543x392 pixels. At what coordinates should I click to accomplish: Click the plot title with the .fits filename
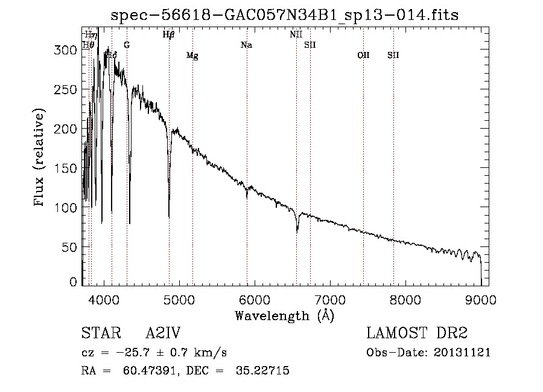(289, 15)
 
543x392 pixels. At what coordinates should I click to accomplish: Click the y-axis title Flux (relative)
(40, 158)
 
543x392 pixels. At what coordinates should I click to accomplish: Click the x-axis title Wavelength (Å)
(284, 315)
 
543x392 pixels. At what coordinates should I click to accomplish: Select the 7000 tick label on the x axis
(330, 298)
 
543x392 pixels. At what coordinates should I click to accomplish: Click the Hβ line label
(169, 35)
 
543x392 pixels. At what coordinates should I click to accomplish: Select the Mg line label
(192, 56)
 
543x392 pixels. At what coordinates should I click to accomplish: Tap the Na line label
(246, 45)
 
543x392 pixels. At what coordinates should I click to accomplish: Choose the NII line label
(296, 35)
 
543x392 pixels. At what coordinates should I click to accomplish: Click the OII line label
(363, 56)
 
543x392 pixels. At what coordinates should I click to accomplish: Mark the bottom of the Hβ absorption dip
(169, 217)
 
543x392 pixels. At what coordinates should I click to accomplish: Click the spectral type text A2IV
(163, 333)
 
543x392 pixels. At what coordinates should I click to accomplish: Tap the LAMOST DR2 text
(417, 333)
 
